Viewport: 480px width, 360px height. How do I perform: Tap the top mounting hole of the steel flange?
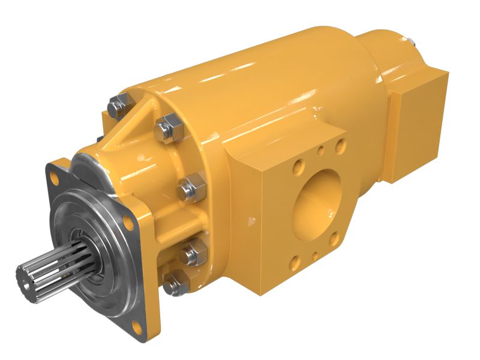pyautogui.click(x=56, y=177)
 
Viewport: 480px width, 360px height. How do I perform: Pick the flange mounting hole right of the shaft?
pyautogui.click(x=128, y=223)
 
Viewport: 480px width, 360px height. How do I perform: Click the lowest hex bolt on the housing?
pyautogui.click(x=175, y=285)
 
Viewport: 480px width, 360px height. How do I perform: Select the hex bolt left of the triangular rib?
pyautogui.click(x=118, y=107)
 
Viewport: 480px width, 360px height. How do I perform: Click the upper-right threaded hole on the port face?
pyautogui.click(x=340, y=145)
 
